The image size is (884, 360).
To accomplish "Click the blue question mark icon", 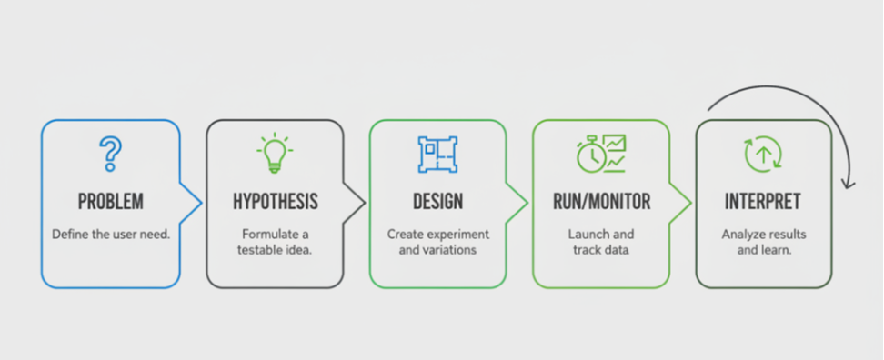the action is [x=111, y=154].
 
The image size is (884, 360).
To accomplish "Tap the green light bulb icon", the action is [x=275, y=153].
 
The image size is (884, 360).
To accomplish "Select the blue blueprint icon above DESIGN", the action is [x=437, y=154].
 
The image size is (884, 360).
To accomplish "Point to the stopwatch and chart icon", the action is [x=601, y=153].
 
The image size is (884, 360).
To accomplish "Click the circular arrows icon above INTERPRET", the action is [x=763, y=154].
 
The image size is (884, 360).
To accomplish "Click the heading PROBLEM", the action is [x=111, y=202].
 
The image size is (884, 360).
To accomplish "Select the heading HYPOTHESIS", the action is [x=276, y=202].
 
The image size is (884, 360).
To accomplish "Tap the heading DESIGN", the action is [x=438, y=202].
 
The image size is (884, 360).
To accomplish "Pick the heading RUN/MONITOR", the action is [x=601, y=202].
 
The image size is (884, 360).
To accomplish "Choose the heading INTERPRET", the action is [x=763, y=202].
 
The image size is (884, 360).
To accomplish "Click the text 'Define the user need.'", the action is [x=111, y=235].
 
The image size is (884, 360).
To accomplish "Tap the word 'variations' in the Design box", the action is [x=450, y=250].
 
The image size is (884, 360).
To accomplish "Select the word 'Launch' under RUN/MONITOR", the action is [x=588, y=234].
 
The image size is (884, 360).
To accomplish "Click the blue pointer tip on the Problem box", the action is [x=201, y=202].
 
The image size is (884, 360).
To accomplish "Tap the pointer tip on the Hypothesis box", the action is [x=364, y=202].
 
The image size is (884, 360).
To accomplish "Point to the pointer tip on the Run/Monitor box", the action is [x=690, y=202].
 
